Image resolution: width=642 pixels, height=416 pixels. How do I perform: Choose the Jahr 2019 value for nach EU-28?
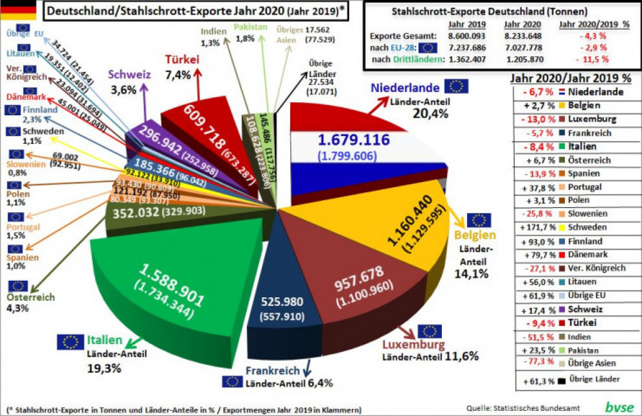click(x=464, y=47)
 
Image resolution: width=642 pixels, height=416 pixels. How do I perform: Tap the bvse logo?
click(x=618, y=407)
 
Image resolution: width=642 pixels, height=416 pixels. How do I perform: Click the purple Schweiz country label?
click(x=129, y=75)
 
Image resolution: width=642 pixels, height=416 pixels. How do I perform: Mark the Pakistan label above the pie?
click(x=251, y=27)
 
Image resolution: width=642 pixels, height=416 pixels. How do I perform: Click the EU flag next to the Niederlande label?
click(x=457, y=87)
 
